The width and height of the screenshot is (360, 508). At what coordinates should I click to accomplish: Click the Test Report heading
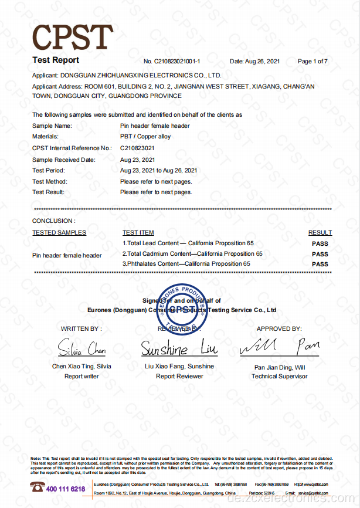[55, 60]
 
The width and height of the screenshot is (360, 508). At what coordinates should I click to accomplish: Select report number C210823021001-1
[172, 61]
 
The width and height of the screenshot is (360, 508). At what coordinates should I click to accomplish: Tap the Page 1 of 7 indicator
[313, 61]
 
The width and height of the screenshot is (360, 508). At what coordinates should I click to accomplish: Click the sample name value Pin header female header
[155, 126]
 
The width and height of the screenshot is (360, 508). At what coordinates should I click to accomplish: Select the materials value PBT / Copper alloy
[145, 137]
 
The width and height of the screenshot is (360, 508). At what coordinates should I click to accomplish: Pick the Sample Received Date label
[63, 159]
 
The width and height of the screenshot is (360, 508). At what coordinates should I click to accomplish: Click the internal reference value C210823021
[137, 148]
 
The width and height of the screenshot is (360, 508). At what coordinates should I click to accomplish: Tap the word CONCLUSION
[53, 221]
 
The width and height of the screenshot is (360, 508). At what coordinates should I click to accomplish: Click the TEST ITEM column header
[138, 233]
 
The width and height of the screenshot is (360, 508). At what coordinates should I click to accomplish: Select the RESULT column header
[320, 233]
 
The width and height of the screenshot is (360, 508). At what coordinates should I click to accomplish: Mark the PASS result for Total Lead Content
[320, 243]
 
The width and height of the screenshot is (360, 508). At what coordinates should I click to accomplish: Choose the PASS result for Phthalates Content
[320, 264]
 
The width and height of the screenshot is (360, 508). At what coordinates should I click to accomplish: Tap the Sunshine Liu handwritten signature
[179, 349]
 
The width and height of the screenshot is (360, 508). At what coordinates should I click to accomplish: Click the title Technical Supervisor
[280, 376]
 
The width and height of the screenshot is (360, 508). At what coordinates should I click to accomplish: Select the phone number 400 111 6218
[65, 489]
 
